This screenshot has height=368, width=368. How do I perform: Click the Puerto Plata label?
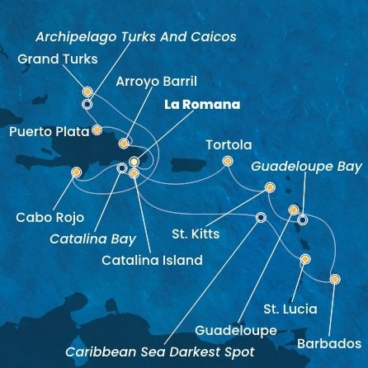coord(45,130)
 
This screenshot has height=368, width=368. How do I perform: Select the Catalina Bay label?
coord(92,240)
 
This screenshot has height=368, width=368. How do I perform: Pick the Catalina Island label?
coord(151,261)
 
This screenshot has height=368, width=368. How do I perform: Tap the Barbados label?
coord(331,342)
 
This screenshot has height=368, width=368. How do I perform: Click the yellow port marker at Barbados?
coord(334,279)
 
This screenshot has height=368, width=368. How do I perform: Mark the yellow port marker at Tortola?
coord(227,162)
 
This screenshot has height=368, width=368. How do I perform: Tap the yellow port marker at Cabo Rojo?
coord(77,172)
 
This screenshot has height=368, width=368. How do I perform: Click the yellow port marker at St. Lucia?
coord(305,259)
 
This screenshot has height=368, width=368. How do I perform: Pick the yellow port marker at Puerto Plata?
coord(97,130)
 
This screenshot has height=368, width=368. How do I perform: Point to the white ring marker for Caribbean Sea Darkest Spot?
coord(261,218)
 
